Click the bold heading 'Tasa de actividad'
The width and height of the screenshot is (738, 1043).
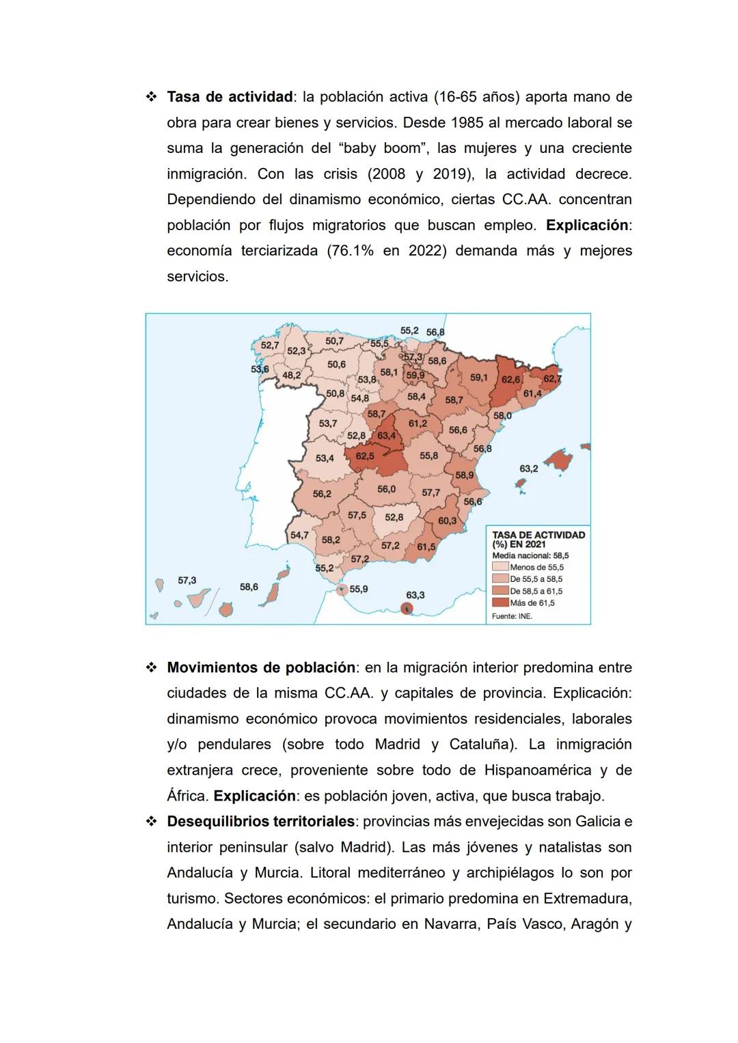230,97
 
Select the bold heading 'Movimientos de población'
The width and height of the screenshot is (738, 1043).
260,667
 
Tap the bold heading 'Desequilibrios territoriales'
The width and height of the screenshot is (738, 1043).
260,821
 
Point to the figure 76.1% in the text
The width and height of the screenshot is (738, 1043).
351,251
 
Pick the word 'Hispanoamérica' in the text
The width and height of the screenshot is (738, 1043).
538,770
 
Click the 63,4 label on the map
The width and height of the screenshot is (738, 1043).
386,436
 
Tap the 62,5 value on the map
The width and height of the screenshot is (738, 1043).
365,456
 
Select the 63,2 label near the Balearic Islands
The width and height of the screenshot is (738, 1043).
528,469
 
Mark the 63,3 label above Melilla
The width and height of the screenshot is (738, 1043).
415,595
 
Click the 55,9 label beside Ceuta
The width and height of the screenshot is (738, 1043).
359,589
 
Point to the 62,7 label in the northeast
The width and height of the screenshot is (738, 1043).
552,378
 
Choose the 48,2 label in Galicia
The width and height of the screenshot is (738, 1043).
292,375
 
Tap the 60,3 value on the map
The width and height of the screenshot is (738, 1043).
447,520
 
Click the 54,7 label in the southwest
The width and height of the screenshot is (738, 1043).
299,535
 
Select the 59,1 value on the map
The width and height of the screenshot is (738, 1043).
478,377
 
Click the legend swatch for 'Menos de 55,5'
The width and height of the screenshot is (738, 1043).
500,567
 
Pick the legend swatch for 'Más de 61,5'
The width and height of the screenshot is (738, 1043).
500,603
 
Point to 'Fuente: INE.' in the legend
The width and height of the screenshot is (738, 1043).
512,616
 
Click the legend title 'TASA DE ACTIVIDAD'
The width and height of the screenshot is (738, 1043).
538,535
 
